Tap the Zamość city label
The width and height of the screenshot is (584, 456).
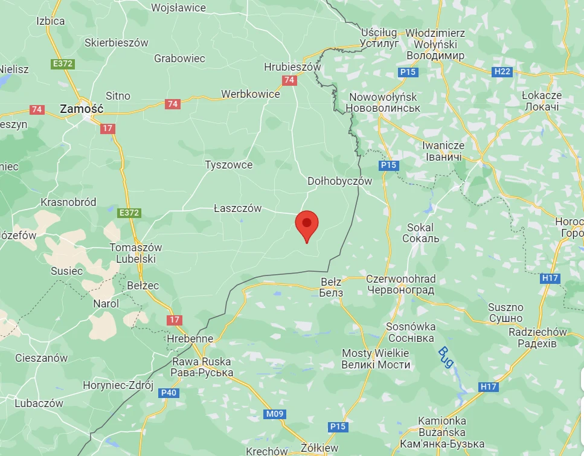82,109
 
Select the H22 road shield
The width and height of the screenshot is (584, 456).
502,72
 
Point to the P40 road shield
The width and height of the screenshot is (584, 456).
170,393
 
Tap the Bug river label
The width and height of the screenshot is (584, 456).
445,356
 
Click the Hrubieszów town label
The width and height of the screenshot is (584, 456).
292,67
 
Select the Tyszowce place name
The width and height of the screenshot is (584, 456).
228,165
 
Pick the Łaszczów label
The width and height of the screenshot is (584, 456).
237,208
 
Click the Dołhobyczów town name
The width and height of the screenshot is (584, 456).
340,181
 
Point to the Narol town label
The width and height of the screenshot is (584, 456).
106,304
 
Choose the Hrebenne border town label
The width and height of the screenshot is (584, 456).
190,339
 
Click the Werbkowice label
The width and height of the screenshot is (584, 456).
250,94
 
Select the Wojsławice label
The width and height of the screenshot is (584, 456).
178,8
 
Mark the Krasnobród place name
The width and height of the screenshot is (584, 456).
68,202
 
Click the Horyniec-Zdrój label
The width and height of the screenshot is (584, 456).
118,385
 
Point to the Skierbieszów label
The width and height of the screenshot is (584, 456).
117,43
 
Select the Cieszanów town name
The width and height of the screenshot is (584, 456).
41,358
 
